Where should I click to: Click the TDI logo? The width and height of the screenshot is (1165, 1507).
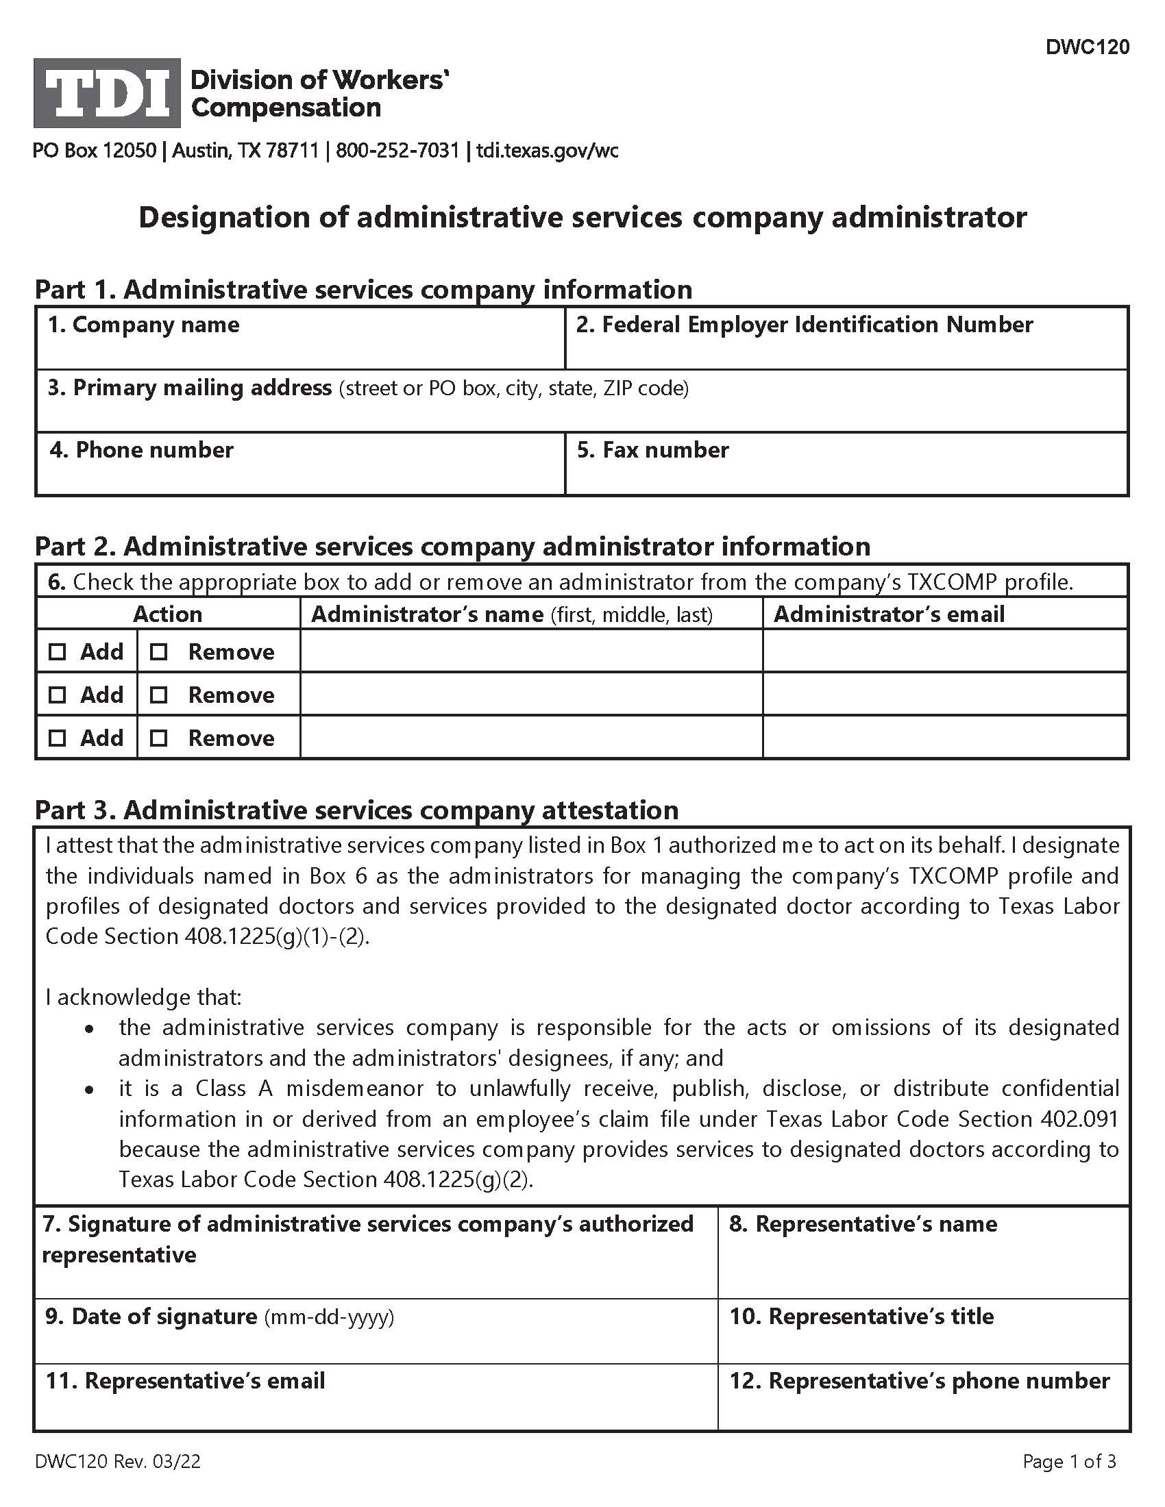(107, 93)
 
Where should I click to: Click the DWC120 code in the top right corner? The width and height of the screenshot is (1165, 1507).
(1087, 47)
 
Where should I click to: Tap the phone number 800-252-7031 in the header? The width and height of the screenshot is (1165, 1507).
(397, 151)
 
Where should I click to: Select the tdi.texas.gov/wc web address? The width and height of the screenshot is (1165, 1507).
(548, 151)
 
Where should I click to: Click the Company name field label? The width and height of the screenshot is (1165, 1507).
(143, 325)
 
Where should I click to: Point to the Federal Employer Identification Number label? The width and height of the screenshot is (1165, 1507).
(804, 325)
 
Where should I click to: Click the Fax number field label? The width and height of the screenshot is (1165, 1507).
(653, 450)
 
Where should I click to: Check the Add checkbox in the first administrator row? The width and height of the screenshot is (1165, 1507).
(58, 651)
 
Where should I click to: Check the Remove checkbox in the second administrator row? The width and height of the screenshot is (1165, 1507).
(159, 695)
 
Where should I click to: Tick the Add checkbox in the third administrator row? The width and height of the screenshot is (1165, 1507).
(58, 738)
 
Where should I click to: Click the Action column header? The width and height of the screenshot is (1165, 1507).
(168, 614)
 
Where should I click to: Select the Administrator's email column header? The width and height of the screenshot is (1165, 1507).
(889, 614)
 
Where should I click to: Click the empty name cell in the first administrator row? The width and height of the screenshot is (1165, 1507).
(530, 651)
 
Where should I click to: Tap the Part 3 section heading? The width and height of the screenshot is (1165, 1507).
(356, 810)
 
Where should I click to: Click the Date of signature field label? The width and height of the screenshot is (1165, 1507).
(219, 1317)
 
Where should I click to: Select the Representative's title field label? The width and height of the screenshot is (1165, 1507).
(861, 1317)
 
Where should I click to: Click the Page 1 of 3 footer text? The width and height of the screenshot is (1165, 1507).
(1069, 1462)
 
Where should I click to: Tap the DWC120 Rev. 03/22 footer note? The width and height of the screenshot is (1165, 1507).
(118, 1462)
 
